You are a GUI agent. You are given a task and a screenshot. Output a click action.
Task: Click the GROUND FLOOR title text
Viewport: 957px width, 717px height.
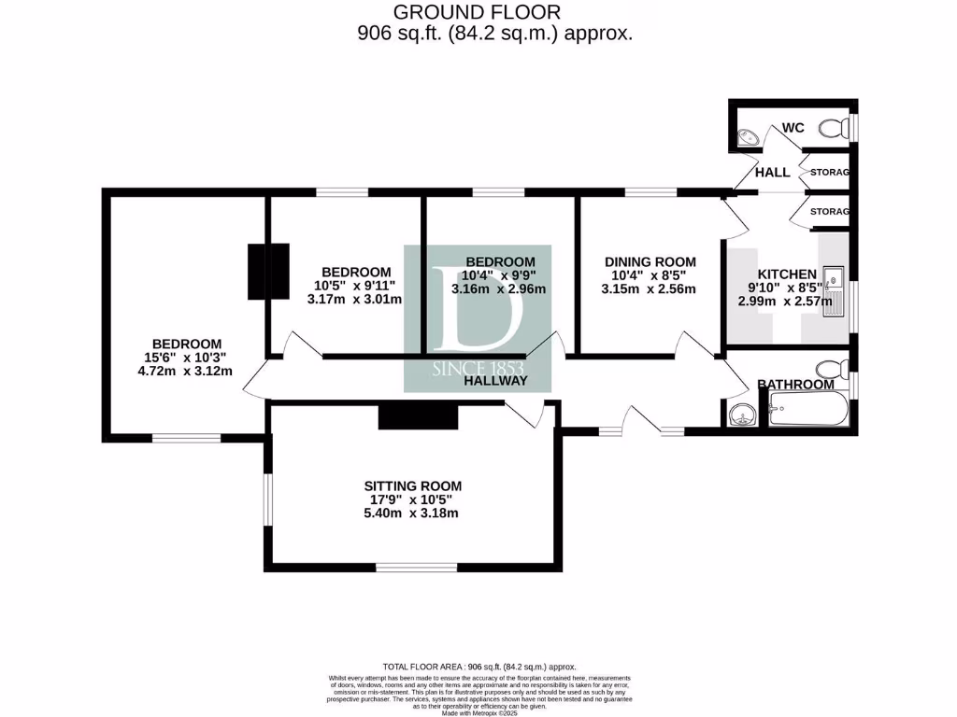[477, 12]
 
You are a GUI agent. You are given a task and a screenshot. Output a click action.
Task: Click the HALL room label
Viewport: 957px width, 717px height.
[772, 173]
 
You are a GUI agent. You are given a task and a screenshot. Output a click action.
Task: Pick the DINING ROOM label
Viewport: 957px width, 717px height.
[650, 261]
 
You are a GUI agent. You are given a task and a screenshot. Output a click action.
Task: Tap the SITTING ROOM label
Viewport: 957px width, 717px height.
[413, 485]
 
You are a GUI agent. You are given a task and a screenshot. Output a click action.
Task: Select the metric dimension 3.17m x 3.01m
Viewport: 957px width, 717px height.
[354, 300]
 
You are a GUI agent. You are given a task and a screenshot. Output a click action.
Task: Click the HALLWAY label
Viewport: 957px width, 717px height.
[495, 381]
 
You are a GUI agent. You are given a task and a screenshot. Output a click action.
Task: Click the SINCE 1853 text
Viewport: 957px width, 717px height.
[478, 369]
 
